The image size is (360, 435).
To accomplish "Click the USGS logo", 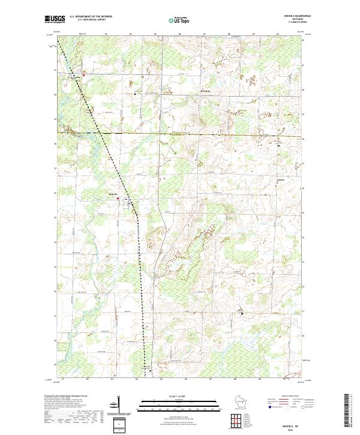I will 55,19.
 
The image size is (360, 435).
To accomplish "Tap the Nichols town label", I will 112,194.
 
